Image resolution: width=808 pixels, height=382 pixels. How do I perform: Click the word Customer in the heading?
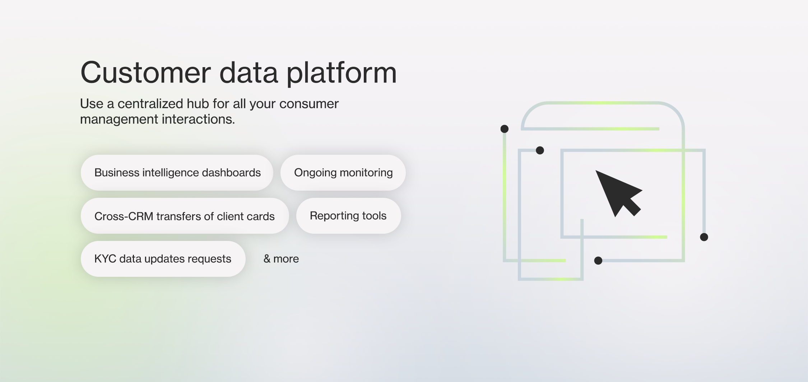click(x=145, y=73)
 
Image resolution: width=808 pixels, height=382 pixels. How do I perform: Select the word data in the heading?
click(x=249, y=73)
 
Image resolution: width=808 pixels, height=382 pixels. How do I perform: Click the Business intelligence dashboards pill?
click(x=177, y=173)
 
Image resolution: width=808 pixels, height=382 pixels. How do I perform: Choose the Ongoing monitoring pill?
click(x=343, y=173)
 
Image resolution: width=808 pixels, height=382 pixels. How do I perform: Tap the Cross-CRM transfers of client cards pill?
click(x=185, y=216)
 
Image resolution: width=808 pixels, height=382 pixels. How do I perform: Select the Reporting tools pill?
click(x=348, y=216)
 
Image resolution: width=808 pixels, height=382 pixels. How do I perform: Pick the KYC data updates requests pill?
click(x=163, y=259)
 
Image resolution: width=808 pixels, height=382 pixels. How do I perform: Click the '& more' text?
click(x=281, y=259)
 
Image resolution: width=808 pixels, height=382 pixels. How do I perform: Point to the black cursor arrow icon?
click(x=617, y=193)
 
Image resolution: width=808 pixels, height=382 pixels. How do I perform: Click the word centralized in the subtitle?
click(x=150, y=104)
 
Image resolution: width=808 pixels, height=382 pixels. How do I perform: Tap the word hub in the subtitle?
click(x=198, y=104)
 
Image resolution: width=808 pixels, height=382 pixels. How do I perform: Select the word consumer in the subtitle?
click(x=309, y=104)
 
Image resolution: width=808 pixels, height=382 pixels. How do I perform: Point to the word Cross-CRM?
click(x=124, y=216)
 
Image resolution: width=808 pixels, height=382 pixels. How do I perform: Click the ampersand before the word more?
click(x=267, y=259)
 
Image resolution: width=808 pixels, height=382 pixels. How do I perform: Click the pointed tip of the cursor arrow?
click(x=596, y=171)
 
